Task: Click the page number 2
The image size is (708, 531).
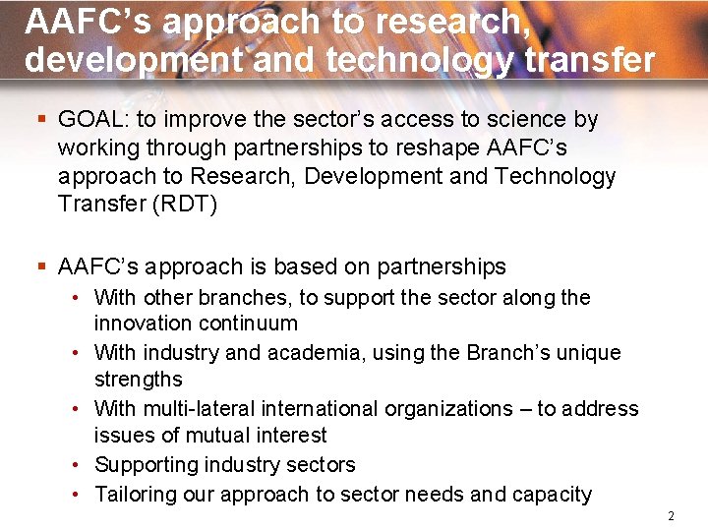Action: (671, 516)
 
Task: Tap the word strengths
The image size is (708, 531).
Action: (139, 380)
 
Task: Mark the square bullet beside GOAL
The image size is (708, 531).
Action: (40, 120)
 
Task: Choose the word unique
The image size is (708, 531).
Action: (587, 352)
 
